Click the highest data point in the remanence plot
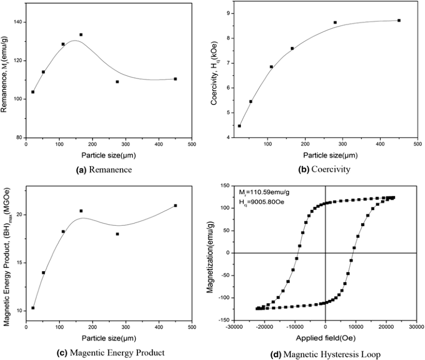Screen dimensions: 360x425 81,35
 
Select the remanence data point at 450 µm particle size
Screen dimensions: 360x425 175,79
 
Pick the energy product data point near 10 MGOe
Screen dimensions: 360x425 32,308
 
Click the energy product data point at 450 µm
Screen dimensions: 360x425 175,206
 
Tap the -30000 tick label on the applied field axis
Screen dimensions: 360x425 234,327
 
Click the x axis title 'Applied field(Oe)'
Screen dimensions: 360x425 325,340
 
